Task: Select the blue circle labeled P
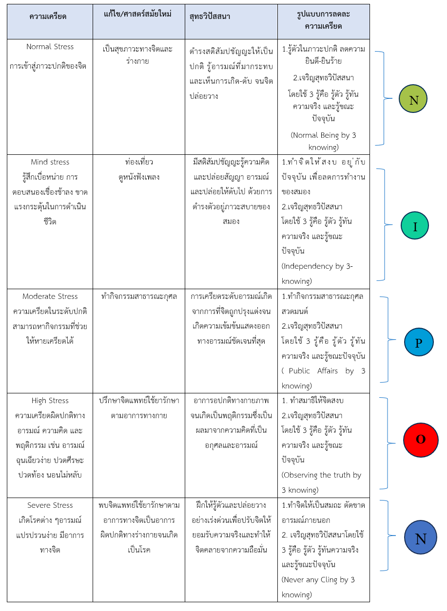point(419,342)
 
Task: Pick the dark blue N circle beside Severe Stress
point(420,538)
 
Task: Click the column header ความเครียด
point(48,17)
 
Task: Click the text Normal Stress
point(50,47)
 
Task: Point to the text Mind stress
point(50,162)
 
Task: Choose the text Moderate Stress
point(50,296)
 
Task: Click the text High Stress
point(50,401)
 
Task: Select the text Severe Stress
point(50,505)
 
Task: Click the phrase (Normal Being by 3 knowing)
point(323,141)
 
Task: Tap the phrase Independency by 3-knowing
point(317,274)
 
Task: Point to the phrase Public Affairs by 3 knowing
point(323,378)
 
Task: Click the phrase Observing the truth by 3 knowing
point(321,482)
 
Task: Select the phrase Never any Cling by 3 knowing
point(318,587)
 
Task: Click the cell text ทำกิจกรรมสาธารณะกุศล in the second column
point(139,296)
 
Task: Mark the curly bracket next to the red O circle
point(387,443)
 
